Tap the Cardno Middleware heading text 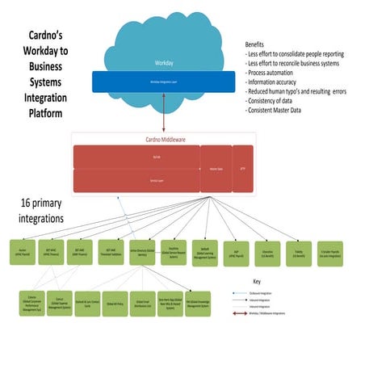click(x=163, y=140)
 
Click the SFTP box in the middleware click(x=243, y=168)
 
